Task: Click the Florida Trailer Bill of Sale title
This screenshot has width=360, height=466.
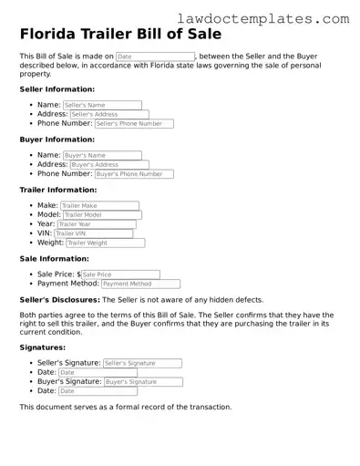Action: click(x=120, y=35)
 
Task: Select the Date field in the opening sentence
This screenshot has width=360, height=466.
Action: click(x=155, y=57)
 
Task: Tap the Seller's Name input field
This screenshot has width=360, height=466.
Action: click(x=102, y=105)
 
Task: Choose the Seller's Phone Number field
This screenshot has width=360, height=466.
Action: click(x=133, y=123)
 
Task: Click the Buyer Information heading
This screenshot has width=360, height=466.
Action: click(x=57, y=140)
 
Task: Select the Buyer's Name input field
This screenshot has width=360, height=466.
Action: click(x=102, y=155)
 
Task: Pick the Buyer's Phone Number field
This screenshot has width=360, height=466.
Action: click(x=133, y=173)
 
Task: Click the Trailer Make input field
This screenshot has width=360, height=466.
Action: click(x=99, y=205)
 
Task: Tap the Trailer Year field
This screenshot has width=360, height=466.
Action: click(x=96, y=223)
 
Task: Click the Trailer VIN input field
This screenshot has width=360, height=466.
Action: click(x=93, y=233)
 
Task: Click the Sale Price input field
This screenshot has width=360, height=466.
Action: click(x=120, y=274)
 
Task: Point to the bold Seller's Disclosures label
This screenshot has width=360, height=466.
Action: click(x=59, y=299)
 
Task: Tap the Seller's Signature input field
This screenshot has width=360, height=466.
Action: click(x=141, y=363)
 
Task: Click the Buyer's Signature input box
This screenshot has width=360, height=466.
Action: click(x=142, y=381)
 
